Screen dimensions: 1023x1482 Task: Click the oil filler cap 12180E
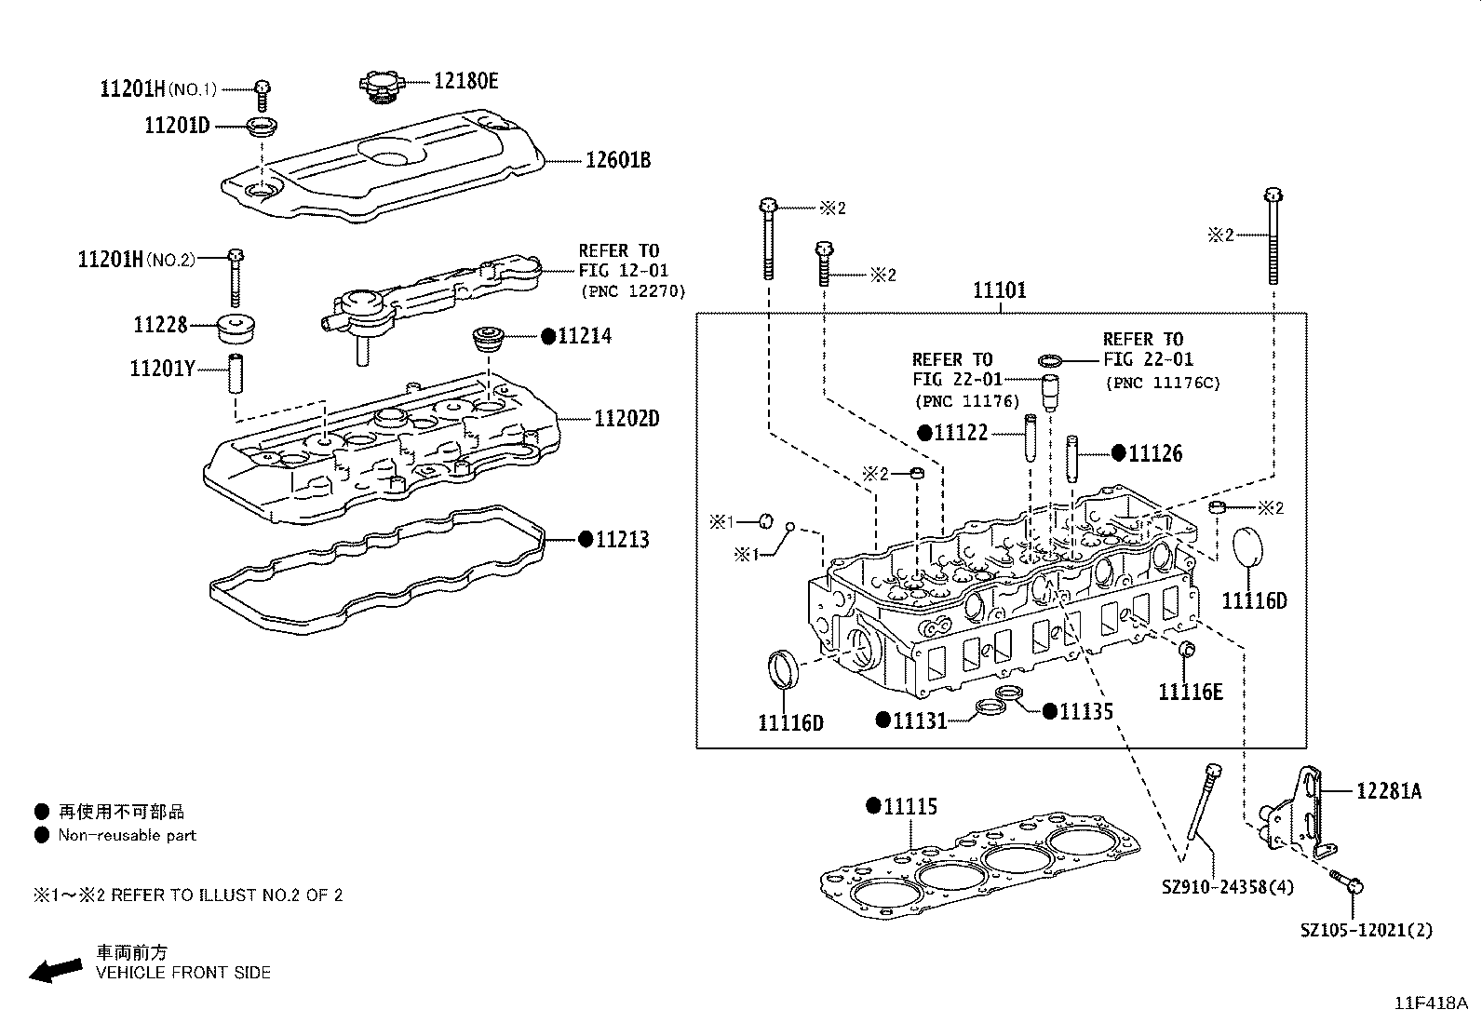pos(382,83)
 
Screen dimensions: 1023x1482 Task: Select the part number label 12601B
pos(617,160)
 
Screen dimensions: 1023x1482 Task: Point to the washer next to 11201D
pos(263,127)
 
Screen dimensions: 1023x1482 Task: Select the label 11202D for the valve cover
pos(626,419)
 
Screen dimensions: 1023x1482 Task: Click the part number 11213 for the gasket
pos(622,539)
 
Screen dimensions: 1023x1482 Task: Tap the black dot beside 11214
pos(548,337)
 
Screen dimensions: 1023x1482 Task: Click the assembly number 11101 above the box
pos(1000,290)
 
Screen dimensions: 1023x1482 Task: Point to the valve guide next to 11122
pos(1031,436)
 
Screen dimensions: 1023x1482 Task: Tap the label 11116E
pos(1190,692)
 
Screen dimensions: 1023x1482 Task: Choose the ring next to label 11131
pos(990,712)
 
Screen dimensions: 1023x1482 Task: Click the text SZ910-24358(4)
pos(1227,887)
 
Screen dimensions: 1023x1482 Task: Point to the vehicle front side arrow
pos(55,971)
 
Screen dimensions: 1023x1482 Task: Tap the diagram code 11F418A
pos(1430,1003)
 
